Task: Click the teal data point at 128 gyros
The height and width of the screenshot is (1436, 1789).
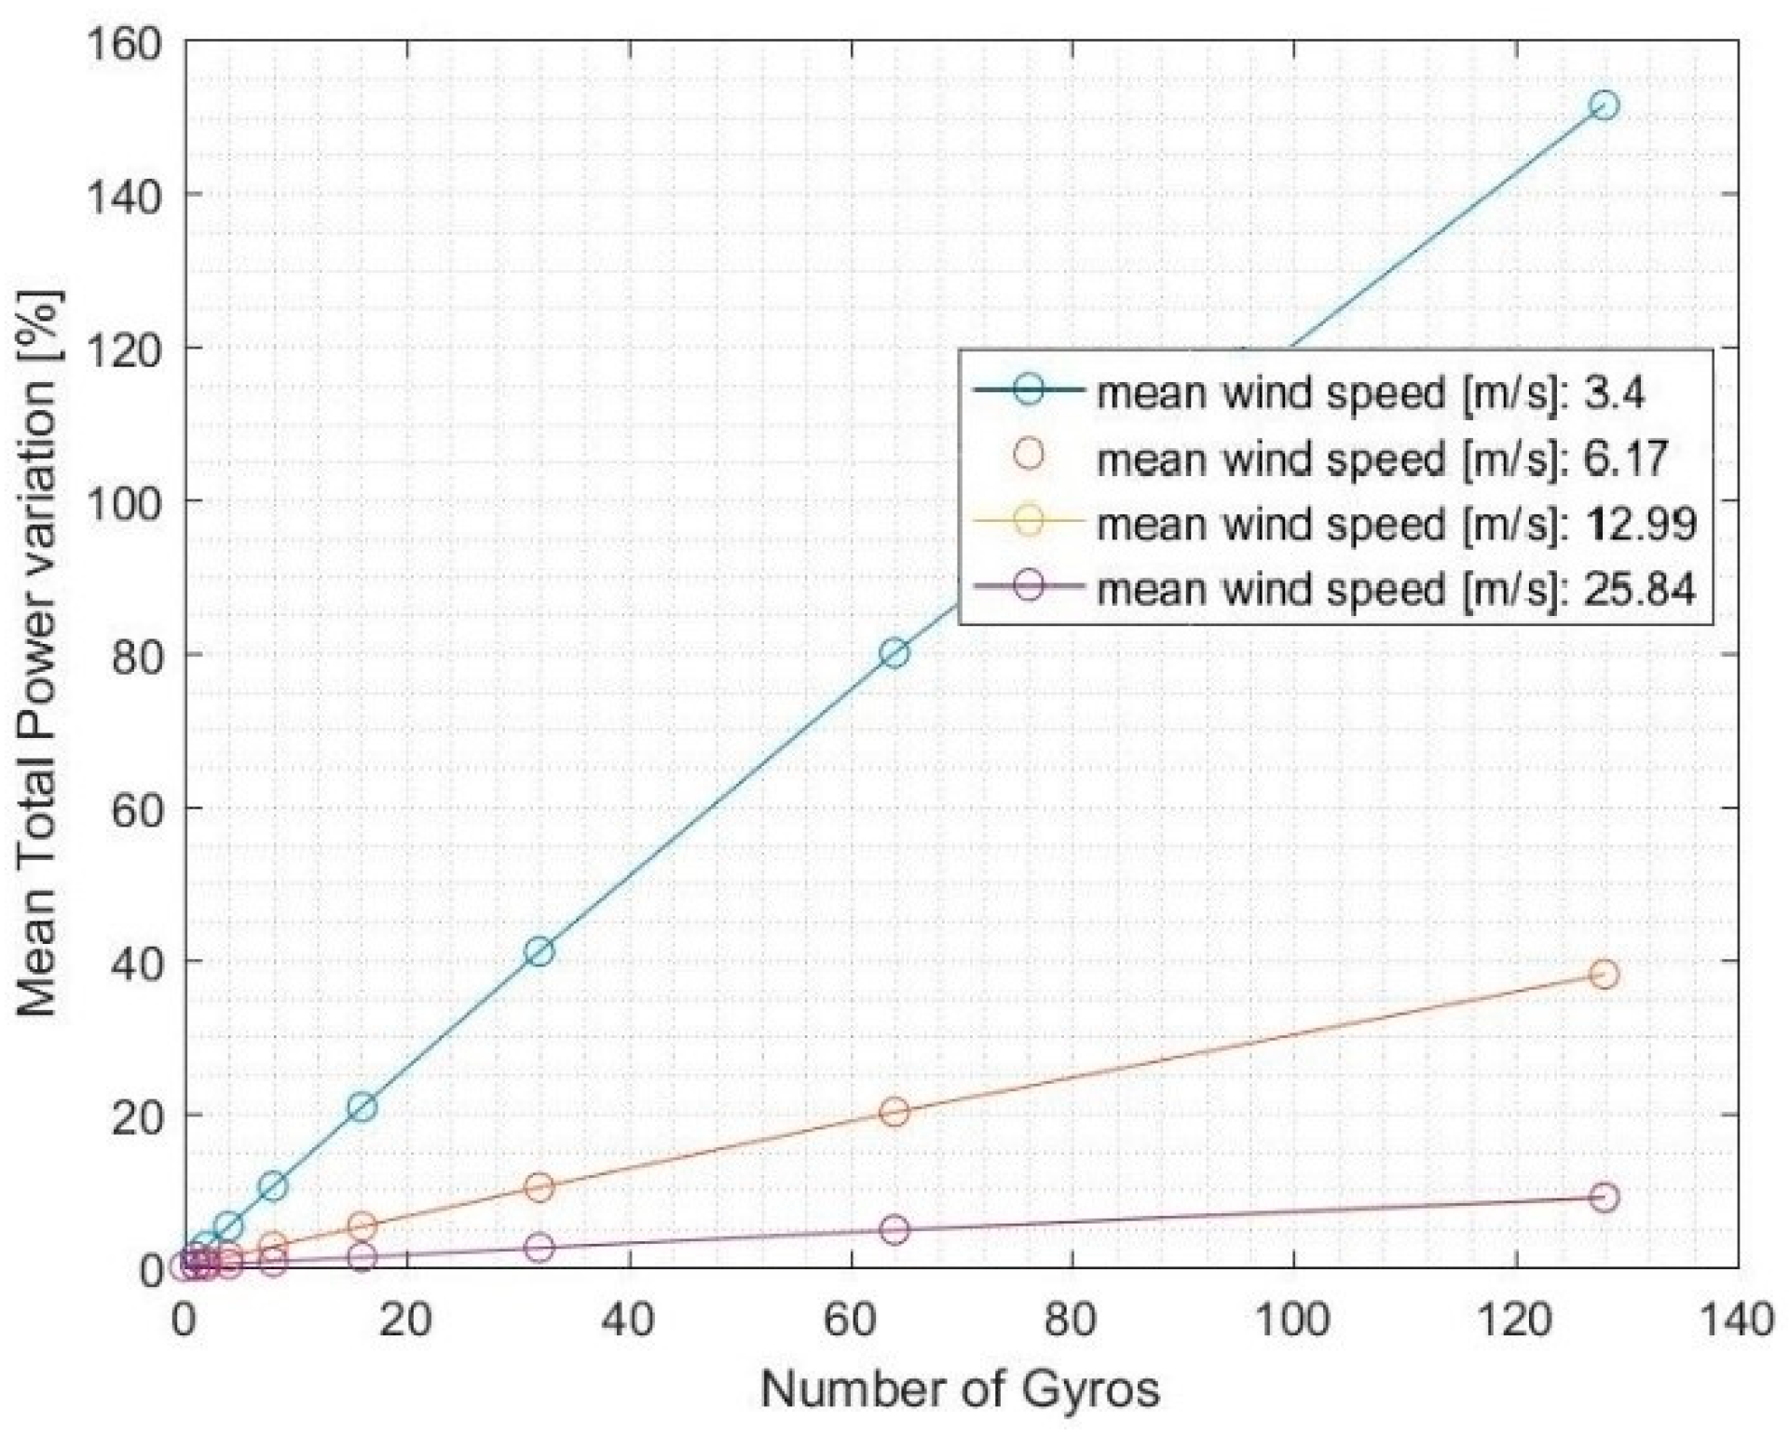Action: (x=1604, y=105)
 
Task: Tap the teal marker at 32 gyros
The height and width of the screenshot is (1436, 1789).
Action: (x=539, y=951)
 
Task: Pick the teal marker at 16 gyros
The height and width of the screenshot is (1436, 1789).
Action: (x=362, y=1107)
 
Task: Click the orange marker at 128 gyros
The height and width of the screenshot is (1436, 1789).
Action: (x=1604, y=975)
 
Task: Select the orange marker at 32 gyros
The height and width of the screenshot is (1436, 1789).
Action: (x=539, y=1187)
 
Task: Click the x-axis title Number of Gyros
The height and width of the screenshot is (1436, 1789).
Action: (x=961, y=1389)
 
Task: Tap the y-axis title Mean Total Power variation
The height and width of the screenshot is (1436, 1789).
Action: (x=37, y=653)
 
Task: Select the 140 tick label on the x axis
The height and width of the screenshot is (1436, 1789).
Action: (x=1734, y=1321)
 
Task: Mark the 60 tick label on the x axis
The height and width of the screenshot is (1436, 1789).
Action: (x=851, y=1321)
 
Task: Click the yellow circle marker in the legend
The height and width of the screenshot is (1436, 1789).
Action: (x=1029, y=520)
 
